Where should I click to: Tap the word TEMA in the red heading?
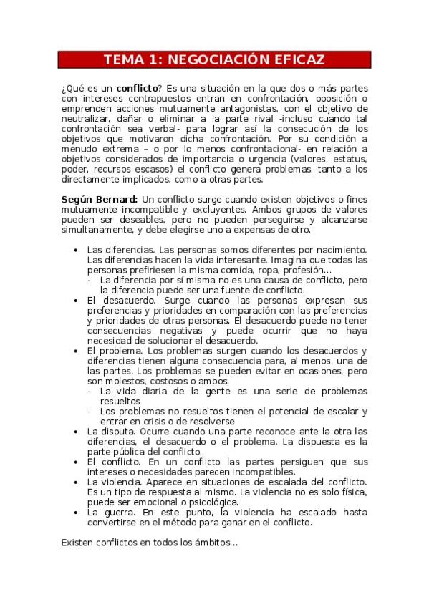[122, 59]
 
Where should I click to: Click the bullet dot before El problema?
[77, 351]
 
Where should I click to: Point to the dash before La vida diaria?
[90, 392]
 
